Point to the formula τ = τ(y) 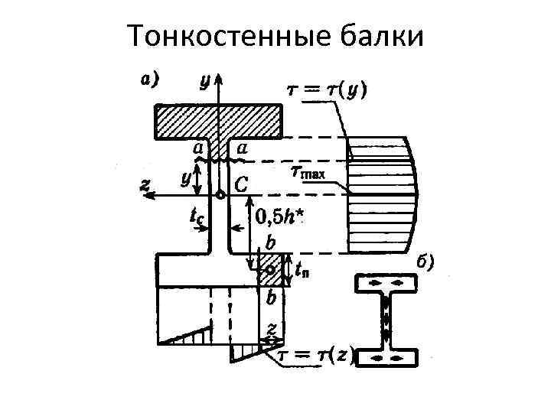[x=327, y=90]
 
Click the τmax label [x=310, y=172]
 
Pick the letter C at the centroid [x=241, y=184]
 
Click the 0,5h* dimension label [x=279, y=218]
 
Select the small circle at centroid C [x=220, y=196]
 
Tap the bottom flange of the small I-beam [x=386, y=357]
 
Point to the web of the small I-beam [x=386, y=320]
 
